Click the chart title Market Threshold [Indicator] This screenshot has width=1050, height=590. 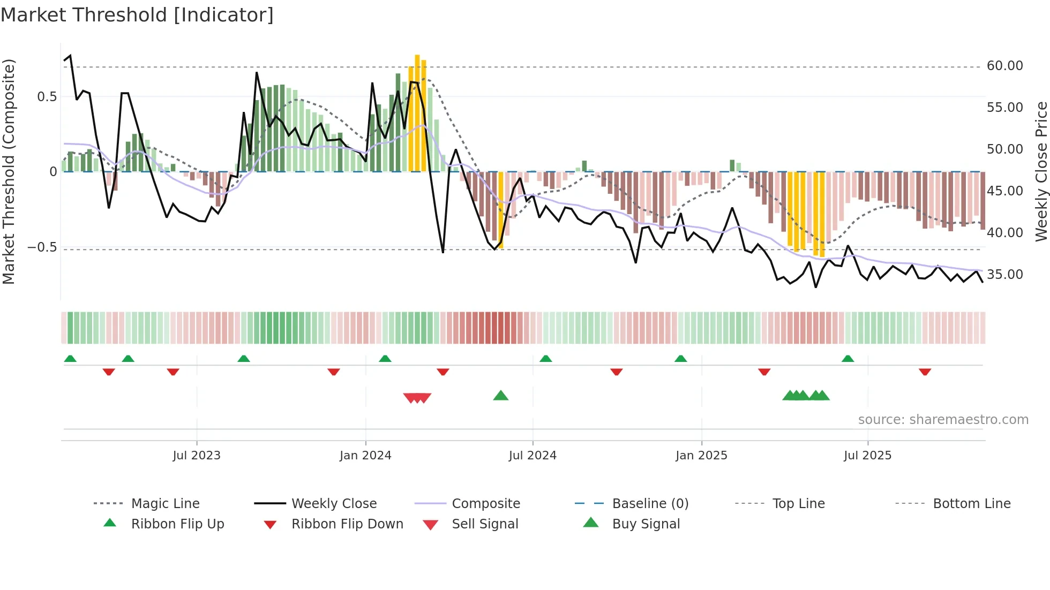point(137,15)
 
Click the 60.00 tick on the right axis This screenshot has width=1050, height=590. point(1004,66)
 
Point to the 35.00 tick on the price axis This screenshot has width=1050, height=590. point(1004,275)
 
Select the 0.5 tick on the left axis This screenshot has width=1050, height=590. point(47,97)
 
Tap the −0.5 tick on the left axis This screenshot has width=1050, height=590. point(42,247)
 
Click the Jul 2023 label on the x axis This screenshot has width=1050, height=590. point(197,456)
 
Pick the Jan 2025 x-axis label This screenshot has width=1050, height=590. point(701,456)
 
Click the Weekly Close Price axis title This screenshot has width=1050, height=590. point(1041,171)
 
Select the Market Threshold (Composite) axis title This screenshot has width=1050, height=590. point(9,171)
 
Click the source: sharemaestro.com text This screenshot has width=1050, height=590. point(943,420)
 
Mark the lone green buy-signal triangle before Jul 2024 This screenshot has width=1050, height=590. point(500,396)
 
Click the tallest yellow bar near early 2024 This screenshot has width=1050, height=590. point(417,112)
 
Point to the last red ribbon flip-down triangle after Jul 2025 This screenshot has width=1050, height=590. point(925,372)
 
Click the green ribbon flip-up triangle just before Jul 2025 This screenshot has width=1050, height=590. point(847,359)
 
